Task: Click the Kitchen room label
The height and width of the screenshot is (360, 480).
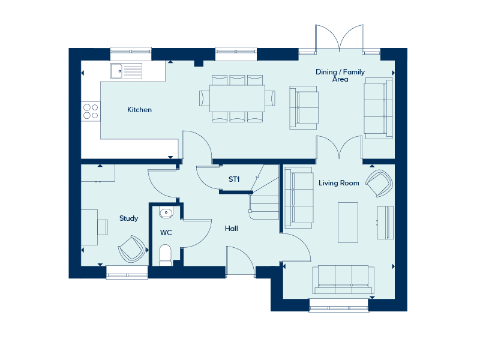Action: coord(139,110)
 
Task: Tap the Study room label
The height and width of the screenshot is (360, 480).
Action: coord(128,218)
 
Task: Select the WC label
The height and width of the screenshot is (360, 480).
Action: coord(166,233)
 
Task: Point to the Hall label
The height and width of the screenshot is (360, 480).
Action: coord(232,229)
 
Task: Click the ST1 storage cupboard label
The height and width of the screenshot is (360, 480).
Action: coord(234,179)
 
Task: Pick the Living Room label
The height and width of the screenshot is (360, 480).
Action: coord(339,183)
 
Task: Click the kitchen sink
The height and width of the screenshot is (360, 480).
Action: coord(126,71)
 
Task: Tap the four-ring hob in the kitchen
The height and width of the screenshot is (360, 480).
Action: coord(91,111)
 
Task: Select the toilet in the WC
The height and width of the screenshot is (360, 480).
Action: coord(166,254)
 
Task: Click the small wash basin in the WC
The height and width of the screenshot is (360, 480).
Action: coord(166,212)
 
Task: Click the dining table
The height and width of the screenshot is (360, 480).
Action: coord(237,98)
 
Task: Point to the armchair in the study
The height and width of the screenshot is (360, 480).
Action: coord(132,248)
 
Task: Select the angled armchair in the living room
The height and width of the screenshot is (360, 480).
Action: coord(379,183)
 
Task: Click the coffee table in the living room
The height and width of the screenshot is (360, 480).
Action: coord(348,223)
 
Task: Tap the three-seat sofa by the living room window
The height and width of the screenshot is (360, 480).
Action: coord(343,280)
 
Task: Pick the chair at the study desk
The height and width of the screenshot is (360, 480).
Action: coord(103,227)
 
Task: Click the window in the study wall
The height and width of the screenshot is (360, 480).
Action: coord(127,272)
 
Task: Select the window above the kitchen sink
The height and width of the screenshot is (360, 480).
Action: coord(131,54)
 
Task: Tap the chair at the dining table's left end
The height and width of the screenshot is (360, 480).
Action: coord(205,98)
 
